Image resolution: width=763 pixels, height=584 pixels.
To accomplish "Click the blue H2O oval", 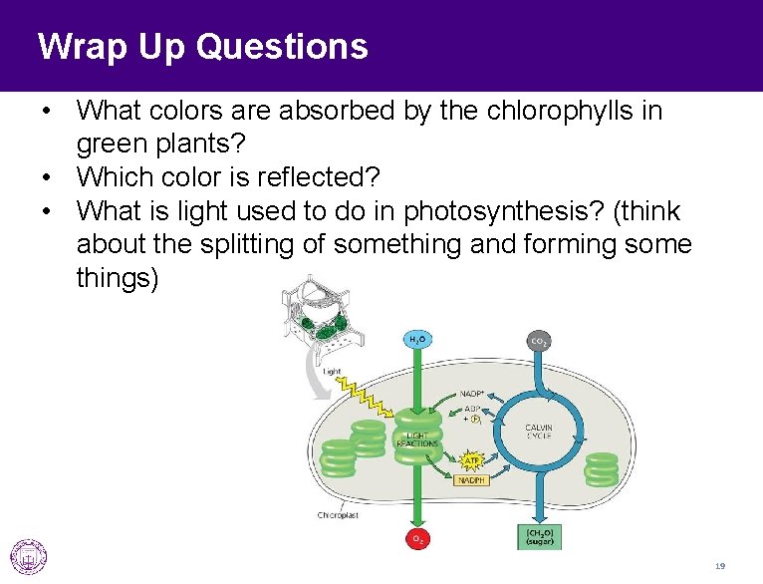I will click(417, 340).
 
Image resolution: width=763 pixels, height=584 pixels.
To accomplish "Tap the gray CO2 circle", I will click(538, 341).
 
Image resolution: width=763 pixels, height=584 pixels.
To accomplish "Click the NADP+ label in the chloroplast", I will click(472, 393).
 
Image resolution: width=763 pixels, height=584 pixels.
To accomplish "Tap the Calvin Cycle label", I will click(539, 432).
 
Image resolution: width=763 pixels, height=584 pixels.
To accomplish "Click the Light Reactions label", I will click(417, 439).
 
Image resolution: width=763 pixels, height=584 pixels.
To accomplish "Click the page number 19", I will click(719, 566).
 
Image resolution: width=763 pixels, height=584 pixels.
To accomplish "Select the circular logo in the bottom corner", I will click(28, 556).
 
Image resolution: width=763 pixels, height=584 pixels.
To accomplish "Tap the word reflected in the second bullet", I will click(319, 177).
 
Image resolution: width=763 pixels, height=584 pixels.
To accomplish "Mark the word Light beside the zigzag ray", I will click(331, 372).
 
